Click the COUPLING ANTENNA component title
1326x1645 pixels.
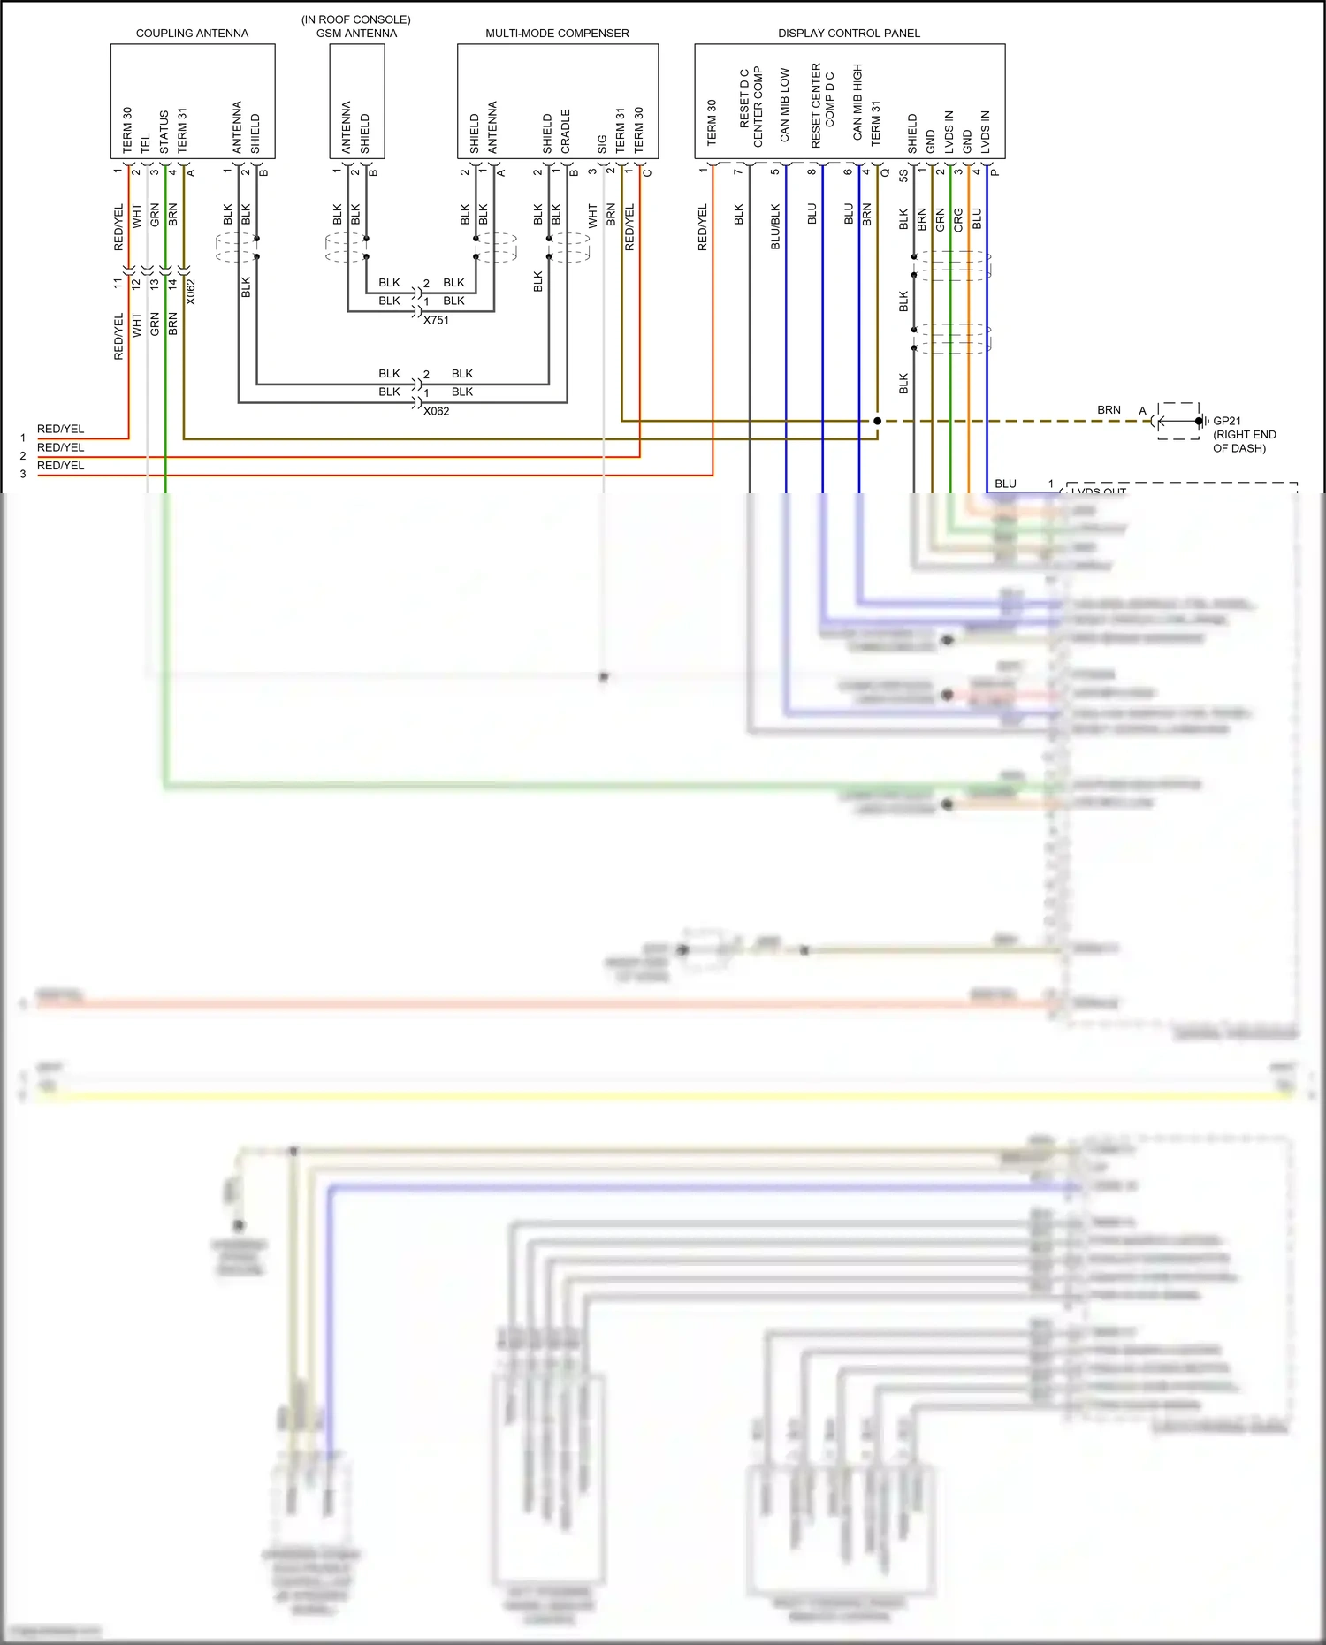pyautogui.click(x=192, y=34)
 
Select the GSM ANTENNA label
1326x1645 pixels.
pyautogui.click(x=356, y=34)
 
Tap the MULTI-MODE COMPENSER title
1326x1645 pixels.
pyautogui.click(x=557, y=34)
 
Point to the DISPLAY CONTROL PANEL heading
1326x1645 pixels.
pyautogui.click(x=849, y=34)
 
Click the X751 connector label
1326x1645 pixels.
pyautogui.click(x=436, y=320)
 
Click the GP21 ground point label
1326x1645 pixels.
pyautogui.click(x=1227, y=421)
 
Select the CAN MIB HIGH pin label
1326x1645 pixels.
pyautogui.click(x=857, y=102)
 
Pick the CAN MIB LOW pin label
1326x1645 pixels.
pyautogui.click(x=784, y=105)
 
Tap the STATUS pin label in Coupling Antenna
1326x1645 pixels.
pyautogui.click(x=164, y=131)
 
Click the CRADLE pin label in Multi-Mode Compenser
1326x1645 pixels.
pyautogui.click(x=566, y=131)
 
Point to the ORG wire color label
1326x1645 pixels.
pyautogui.click(x=958, y=220)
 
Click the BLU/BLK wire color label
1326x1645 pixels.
pyautogui.click(x=775, y=227)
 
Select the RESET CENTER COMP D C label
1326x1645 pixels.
pyautogui.click(x=822, y=104)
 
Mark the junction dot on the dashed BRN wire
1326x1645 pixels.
pyautogui.click(x=877, y=421)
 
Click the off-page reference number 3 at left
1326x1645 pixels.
pyautogui.click(x=23, y=475)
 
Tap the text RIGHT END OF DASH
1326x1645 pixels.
pyautogui.click(x=1244, y=441)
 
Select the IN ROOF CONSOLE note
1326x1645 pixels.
pyautogui.click(x=355, y=19)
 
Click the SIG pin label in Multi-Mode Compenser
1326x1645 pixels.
pyautogui.click(x=602, y=143)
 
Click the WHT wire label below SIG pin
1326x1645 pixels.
pyautogui.click(x=592, y=216)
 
